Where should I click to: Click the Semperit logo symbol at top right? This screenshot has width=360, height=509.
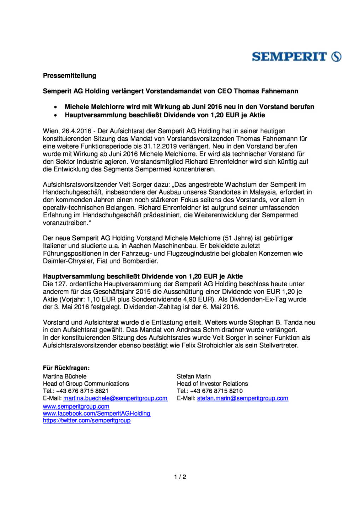336,57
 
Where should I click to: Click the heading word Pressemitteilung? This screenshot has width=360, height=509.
69,76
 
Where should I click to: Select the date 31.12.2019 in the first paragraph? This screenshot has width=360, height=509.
158,146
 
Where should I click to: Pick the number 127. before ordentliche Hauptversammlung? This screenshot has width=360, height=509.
60,284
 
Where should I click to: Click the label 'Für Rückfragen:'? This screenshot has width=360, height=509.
66,368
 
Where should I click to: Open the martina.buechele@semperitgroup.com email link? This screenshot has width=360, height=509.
115,398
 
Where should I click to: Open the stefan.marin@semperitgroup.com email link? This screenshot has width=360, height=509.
243,398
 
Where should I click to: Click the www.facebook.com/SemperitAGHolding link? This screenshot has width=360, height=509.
97,414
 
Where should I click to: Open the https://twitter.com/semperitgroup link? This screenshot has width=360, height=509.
87,421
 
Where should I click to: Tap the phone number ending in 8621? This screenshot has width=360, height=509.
82,391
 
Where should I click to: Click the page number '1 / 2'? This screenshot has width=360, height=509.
180,477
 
